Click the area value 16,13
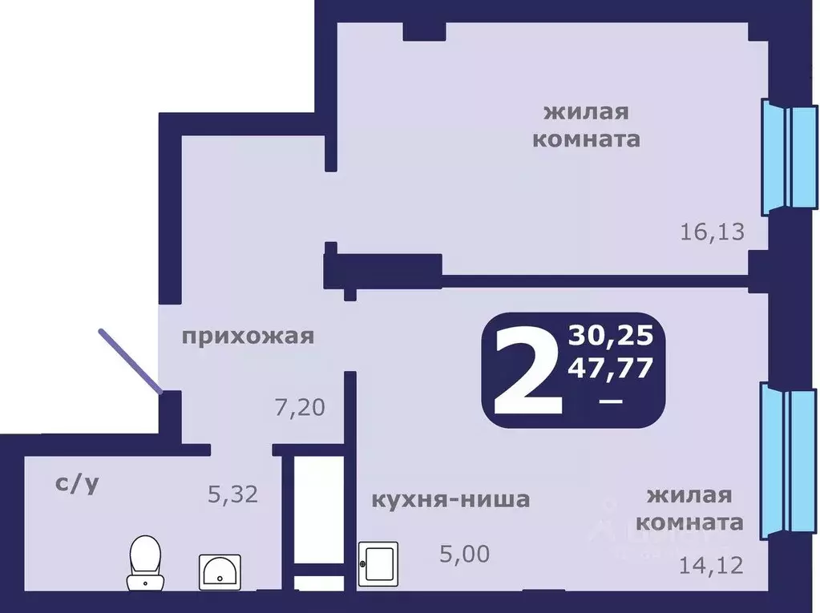(713, 232)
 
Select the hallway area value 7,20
(299, 409)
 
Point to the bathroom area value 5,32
(232, 495)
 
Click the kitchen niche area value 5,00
(465, 553)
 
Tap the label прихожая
(247, 337)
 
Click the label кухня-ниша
(450, 500)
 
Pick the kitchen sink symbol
(378, 566)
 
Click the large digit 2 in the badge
(526, 370)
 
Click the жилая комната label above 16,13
(587, 125)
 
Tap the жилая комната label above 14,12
(689, 509)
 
